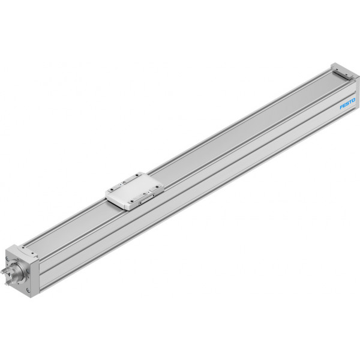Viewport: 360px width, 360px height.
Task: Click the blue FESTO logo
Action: tap(347, 104)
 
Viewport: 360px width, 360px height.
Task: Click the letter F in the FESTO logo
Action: tap(342, 107)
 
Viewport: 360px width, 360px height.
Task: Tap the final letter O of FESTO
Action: tap(353, 100)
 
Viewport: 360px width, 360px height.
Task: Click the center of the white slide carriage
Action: tap(135, 191)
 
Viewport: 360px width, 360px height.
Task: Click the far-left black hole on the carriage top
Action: tap(112, 190)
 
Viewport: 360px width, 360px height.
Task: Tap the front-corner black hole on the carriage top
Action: tap(131, 202)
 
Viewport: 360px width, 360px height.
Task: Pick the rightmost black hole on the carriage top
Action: tap(157, 187)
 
